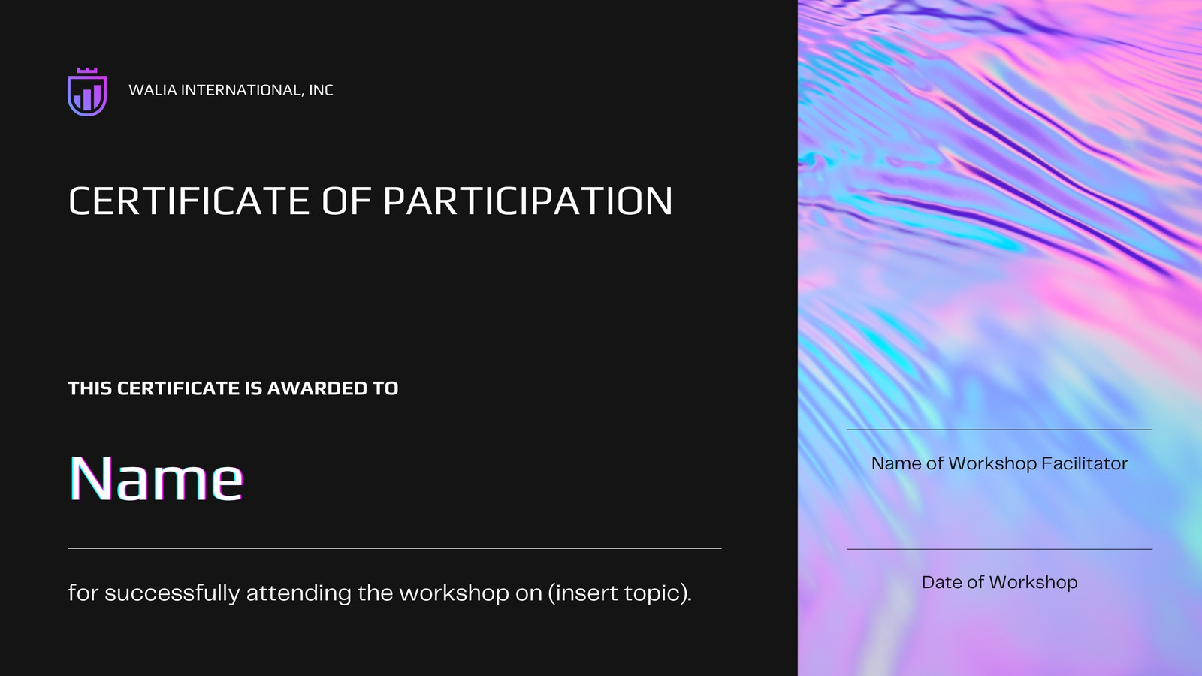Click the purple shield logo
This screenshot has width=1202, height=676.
click(87, 92)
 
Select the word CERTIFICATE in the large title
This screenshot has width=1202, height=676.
click(189, 201)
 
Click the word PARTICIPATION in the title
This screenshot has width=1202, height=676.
click(527, 201)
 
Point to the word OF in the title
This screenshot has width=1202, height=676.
click(346, 201)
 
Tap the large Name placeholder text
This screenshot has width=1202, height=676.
click(156, 478)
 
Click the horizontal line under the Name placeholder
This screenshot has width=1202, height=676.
click(394, 548)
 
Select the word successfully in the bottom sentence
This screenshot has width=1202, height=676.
click(172, 593)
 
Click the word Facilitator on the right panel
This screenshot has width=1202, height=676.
click(1084, 463)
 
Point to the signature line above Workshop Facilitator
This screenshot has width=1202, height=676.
click(1000, 429)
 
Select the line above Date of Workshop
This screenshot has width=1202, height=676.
click(1000, 549)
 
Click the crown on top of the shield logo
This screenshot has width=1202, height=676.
click(87, 71)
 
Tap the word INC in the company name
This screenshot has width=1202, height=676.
click(321, 90)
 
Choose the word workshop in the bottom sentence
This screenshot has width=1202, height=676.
click(454, 593)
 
